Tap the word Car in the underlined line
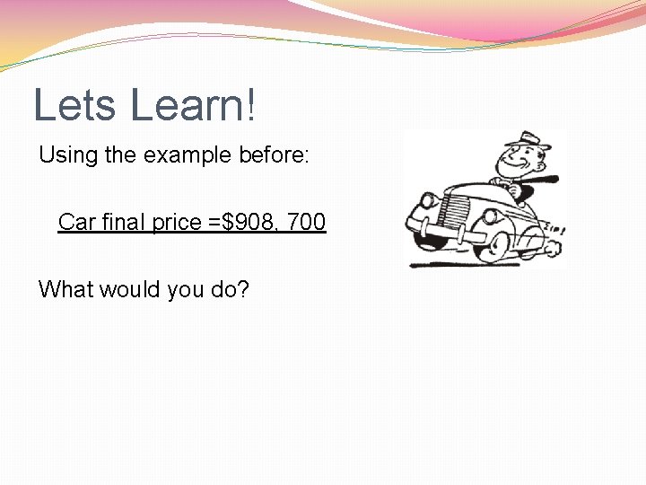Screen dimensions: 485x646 coord(76,221)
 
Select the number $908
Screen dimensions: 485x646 coord(249,221)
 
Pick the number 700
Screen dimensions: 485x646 coord(307,221)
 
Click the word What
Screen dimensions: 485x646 coord(66,290)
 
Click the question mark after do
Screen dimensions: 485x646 coord(243,290)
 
